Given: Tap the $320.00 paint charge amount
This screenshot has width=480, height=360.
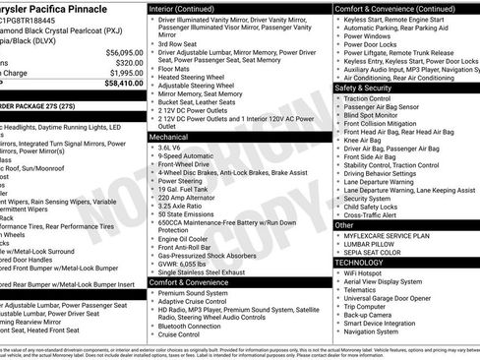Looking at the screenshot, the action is [126, 62].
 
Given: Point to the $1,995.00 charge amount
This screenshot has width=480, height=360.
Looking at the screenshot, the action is [121, 73].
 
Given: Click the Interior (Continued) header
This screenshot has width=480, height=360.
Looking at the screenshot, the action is [190, 8].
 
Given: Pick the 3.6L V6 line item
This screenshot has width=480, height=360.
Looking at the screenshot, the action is [172, 147].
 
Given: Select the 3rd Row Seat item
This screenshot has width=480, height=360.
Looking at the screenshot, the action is [179, 43].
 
